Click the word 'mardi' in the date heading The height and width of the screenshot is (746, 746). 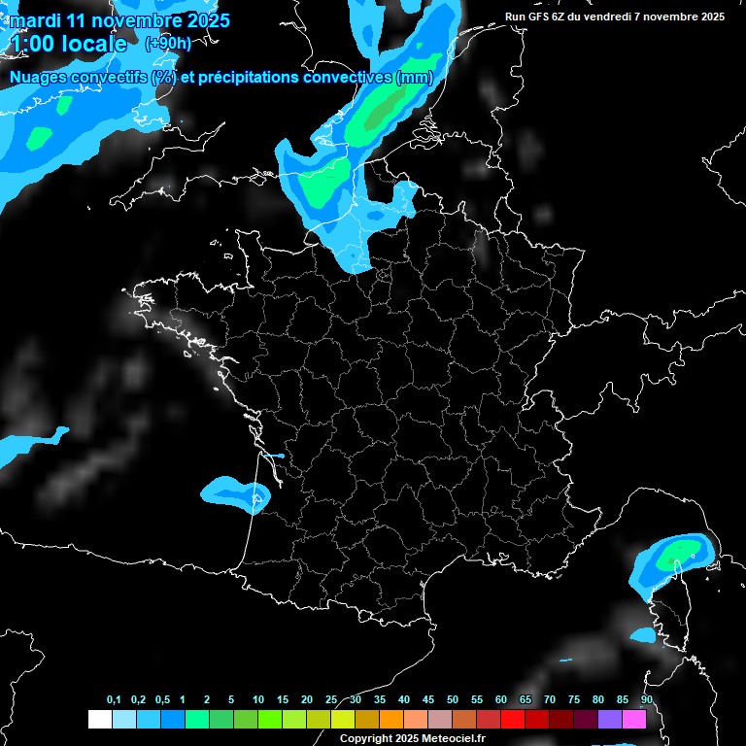pos(34,20)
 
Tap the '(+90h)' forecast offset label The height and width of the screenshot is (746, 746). pos(168,44)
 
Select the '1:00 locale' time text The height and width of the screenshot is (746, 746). pos(68,45)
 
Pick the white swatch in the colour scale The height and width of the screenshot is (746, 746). pos(99,720)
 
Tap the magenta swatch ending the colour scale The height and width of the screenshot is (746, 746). pos(634,720)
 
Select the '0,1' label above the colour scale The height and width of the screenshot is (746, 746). pos(114,700)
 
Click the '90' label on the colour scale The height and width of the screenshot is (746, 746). pos(647,700)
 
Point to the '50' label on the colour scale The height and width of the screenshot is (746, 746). pos(453,700)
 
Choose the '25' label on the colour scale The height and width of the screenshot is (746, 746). pos(331,700)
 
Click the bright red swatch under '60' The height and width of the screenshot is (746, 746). pos(513,720)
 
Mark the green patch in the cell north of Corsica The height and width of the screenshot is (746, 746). pos(676,557)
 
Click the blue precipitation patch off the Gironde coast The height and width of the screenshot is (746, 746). pos(233,492)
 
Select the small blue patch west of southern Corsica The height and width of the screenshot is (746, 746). pos(643,635)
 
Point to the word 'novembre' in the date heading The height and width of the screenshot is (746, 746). pos(135,20)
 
